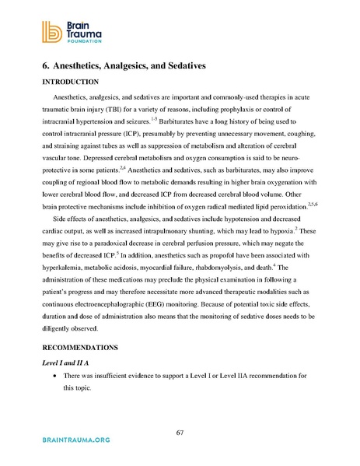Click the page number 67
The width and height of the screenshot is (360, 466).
coord(180,433)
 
